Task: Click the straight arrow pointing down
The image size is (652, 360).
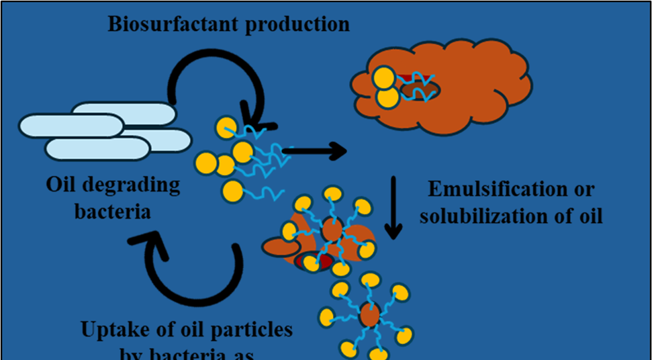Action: pos(393,208)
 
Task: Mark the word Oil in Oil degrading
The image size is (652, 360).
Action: pos(62,185)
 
